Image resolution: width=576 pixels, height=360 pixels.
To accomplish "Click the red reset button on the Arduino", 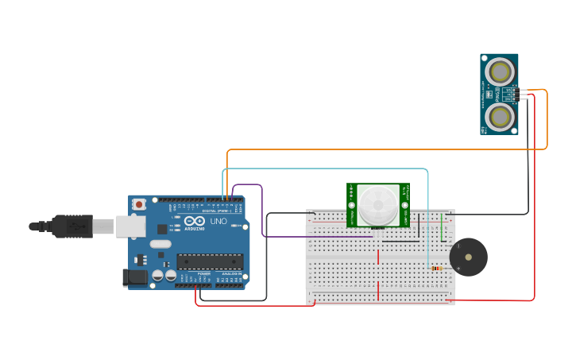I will click(x=139, y=204).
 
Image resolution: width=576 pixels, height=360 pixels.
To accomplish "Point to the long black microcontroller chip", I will click(x=210, y=261).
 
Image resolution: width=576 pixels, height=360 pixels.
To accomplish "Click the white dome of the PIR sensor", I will click(x=377, y=203).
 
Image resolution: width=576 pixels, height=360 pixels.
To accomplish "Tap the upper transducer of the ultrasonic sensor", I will click(x=500, y=72).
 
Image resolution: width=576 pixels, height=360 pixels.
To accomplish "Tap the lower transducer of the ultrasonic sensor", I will click(x=500, y=118).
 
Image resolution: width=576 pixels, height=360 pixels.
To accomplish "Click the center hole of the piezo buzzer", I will click(x=469, y=257).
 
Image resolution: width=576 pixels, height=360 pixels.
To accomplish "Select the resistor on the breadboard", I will click(x=436, y=269).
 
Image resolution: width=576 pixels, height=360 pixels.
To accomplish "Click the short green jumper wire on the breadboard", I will click(x=443, y=226).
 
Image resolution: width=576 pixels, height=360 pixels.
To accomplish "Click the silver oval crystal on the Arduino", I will click(x=160, y=244).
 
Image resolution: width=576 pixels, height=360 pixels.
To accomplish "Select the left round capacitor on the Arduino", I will click(x=157, y=276).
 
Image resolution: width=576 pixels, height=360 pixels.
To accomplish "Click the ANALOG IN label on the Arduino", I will click(x=231, y=273).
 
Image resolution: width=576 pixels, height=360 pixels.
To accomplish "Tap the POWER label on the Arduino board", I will click(x=203, y=273).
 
